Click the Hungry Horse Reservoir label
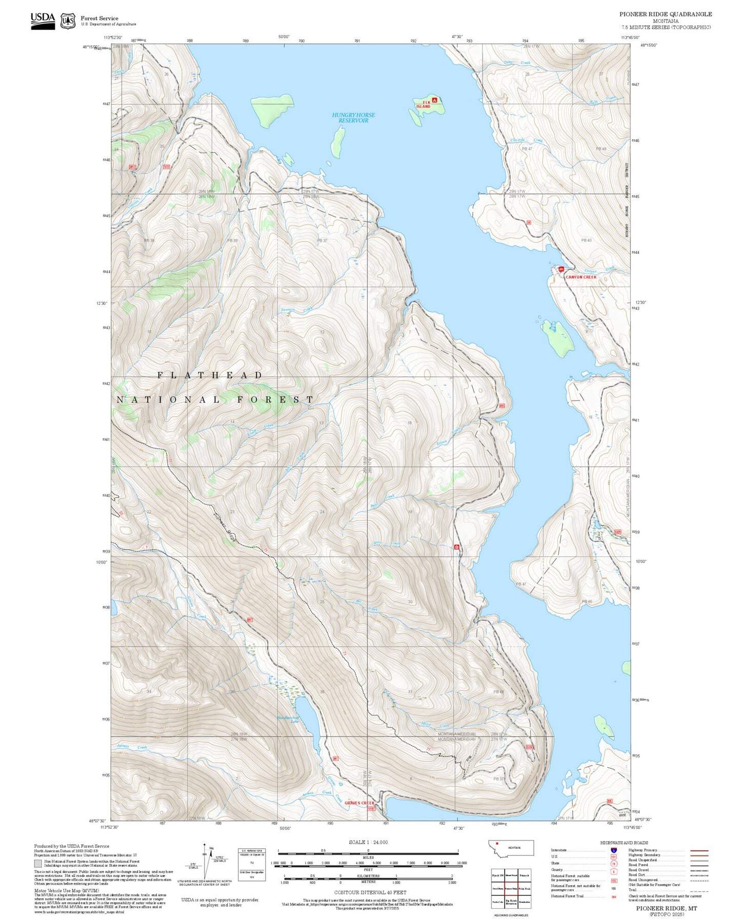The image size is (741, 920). tap(353, 117)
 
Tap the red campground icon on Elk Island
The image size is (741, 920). tap(435, 100)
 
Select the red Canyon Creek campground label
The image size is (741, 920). tap(581, 277)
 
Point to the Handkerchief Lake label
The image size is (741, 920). tap(287, 719)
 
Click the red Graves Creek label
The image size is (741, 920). tap(359, 803)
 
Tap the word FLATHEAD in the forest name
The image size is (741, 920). tap(210, 375)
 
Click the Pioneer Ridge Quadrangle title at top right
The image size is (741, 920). tap(665, 14)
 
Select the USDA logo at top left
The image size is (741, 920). tap(43, 21)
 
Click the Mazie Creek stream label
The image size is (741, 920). tap(435, 726)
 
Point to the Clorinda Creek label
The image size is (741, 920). tap(526, 140)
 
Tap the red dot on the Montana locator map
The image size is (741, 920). tap(497, 843)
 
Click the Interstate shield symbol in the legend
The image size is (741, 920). tap(613, 850)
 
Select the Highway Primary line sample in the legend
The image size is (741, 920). tap(699, 850)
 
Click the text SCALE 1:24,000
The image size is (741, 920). tap(368, 842)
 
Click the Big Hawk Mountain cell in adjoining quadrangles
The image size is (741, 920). tap(511, 902)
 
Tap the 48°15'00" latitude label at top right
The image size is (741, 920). tap(648, 45)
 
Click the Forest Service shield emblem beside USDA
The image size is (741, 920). tap(67, 21)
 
